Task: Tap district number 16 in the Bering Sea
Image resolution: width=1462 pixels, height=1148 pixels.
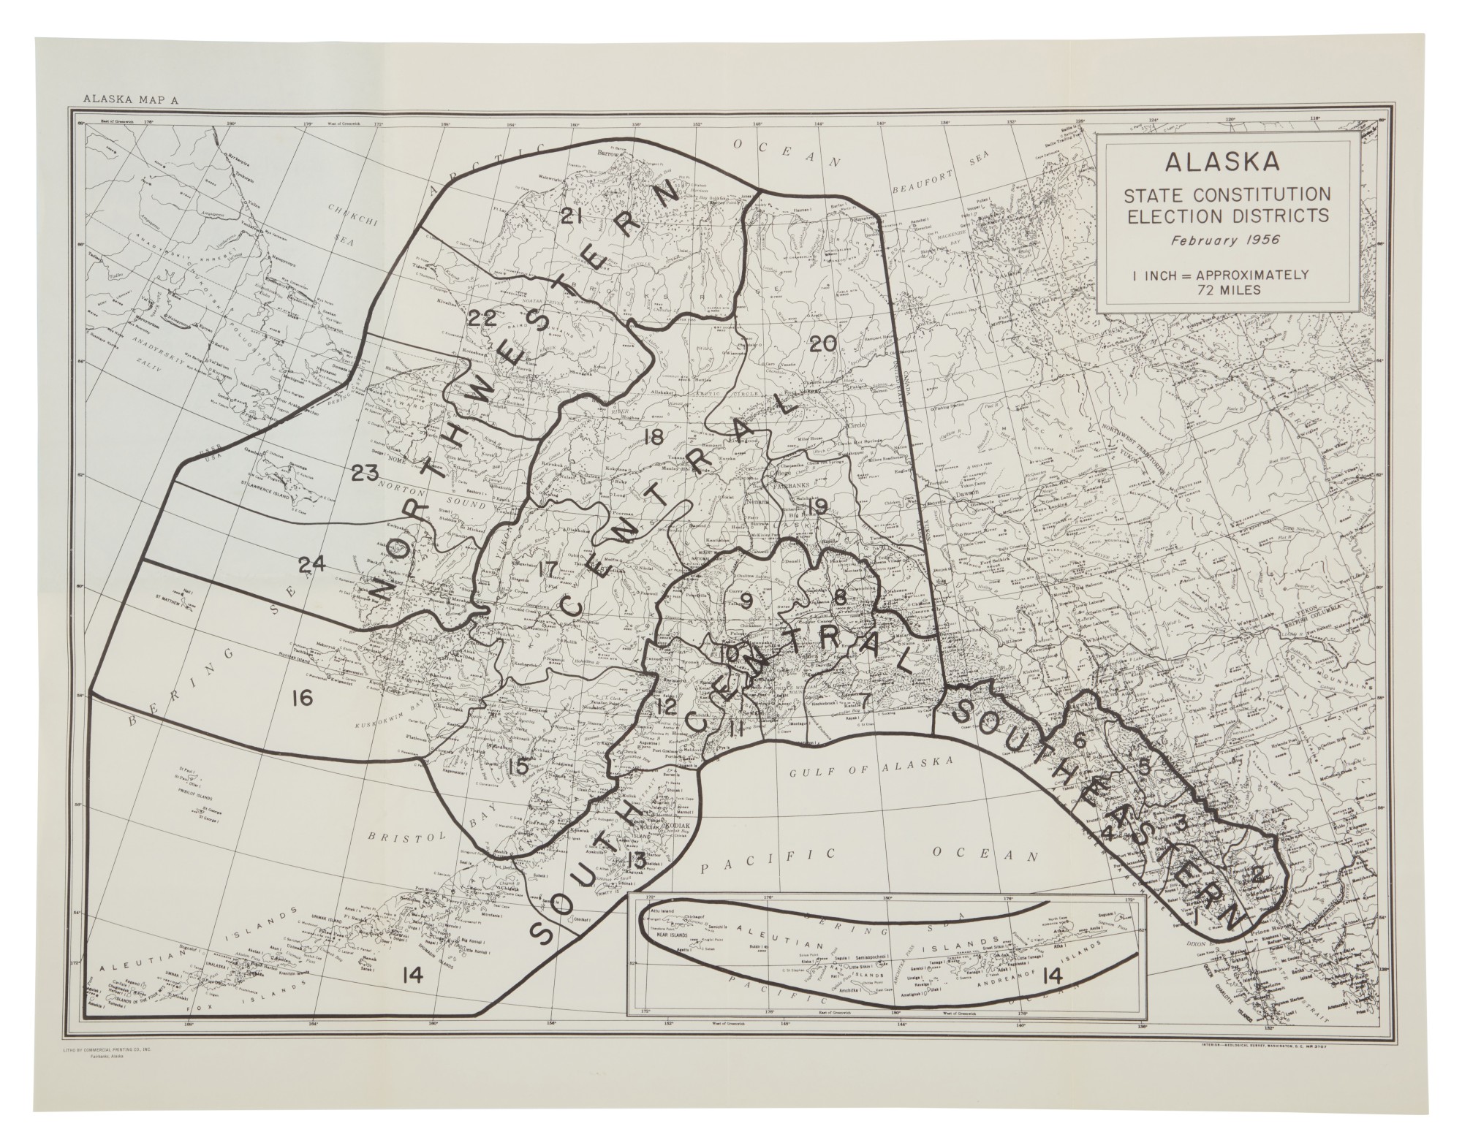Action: click(x=300, y=699)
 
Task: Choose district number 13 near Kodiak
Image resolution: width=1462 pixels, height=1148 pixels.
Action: click(x=635, y=859)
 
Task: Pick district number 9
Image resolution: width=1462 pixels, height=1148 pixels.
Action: click(x=746, y=601)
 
